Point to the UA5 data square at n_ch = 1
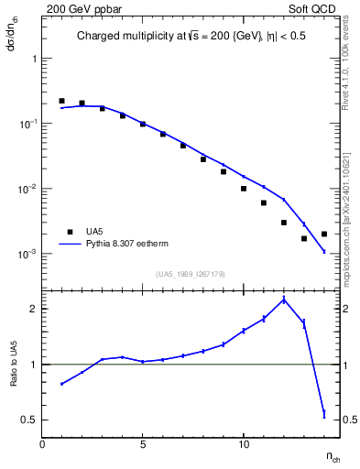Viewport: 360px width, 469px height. click(x=61, y=101)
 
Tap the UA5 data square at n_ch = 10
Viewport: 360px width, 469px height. click(x=244, y=189)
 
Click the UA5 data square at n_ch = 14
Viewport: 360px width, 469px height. click(x=324, y=234)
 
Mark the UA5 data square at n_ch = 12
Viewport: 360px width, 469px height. click(x=284, y=223)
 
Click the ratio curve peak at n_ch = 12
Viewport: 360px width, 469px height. click(x=284, y=300)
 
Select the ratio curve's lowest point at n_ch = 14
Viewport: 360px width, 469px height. click(x=324, y=414)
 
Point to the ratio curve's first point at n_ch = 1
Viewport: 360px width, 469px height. click(x=61, y=384)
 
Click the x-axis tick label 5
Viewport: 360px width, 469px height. click(x=143, y=443)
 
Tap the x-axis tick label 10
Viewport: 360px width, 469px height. click(x=244, y=443)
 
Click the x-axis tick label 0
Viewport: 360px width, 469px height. click(x=42, y=443)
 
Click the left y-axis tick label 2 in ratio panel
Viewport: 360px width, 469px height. click(x=33, y=309)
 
